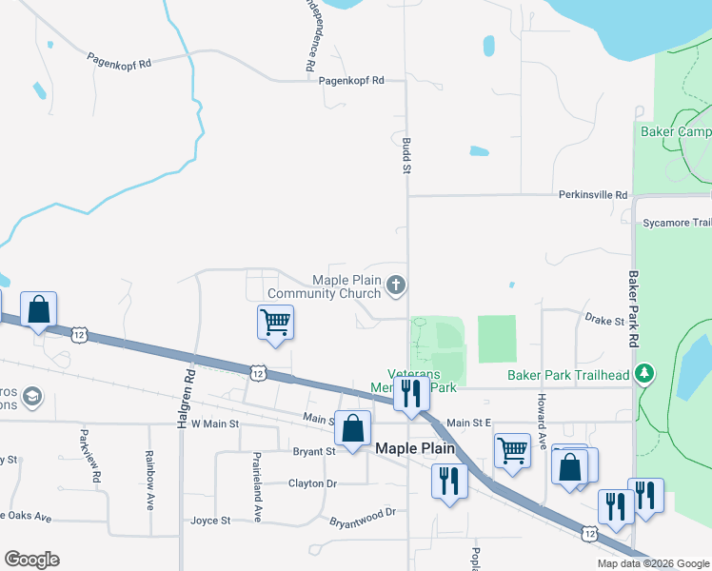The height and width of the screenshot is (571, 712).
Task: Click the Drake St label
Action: click(603, 320)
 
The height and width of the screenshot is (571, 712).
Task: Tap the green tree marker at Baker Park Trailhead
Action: click(646, 373)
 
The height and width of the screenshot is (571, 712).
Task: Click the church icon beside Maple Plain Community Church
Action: click(397, 285)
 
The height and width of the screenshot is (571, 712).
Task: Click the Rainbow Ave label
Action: click(150, 480)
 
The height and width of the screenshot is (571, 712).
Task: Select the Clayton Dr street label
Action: click(312, 483)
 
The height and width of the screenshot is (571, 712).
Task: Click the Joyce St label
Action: click(210, 521)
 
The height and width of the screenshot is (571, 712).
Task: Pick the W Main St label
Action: click(214, 423)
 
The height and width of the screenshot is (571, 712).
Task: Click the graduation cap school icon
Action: click(31, 394)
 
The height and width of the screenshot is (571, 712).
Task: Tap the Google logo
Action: click(31, 560)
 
